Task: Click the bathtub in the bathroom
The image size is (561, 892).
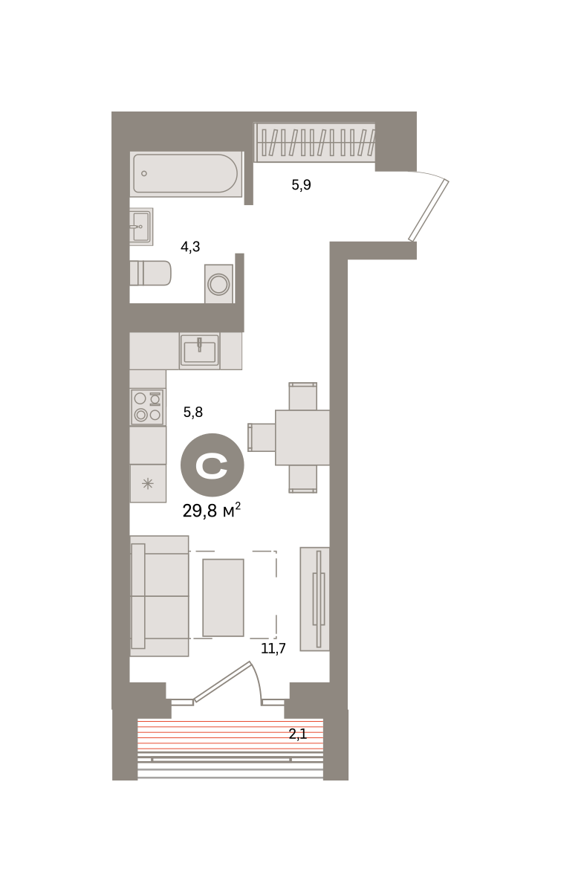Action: [x=186, y=174]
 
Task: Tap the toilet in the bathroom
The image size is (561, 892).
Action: [x=151, y=273]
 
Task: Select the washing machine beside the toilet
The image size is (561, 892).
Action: [x=218, y=284]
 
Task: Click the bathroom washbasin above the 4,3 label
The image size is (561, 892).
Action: [x=141, y=227]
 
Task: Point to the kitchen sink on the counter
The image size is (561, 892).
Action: [x=199, y=350]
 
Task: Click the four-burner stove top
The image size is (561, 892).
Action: [x=148, y=407]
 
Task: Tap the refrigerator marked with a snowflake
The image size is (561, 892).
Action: [x=148, y=483]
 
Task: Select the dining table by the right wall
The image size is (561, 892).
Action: [x=302, y=437]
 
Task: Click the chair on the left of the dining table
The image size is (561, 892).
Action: [x=262, y=437]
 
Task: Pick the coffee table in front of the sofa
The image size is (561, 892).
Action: [x=223, y=598]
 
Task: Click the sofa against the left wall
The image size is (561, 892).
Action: [x=159, y=595]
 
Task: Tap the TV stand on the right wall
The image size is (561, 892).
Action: [x=314, y=599]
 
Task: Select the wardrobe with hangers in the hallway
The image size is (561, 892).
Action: [x=314, y=142]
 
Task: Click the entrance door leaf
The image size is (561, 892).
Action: [x=429, y=210]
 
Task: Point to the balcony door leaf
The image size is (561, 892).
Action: [x=222, y=682]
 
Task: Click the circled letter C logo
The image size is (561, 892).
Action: [x=213, y=465]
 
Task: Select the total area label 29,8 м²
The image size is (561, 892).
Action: [x=212, y=511]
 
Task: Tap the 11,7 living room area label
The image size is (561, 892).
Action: [x=273, y=649]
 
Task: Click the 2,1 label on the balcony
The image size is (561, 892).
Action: [x=298, y=734]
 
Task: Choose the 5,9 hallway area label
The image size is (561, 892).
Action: [x=302, y=185]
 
